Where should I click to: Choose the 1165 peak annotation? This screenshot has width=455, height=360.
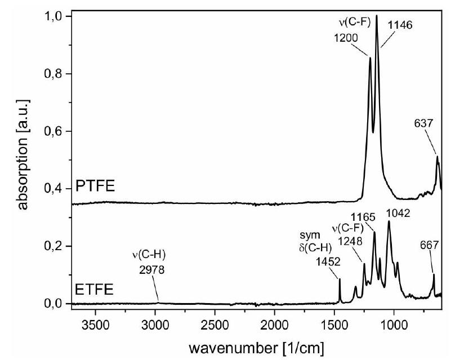point(362,216)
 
